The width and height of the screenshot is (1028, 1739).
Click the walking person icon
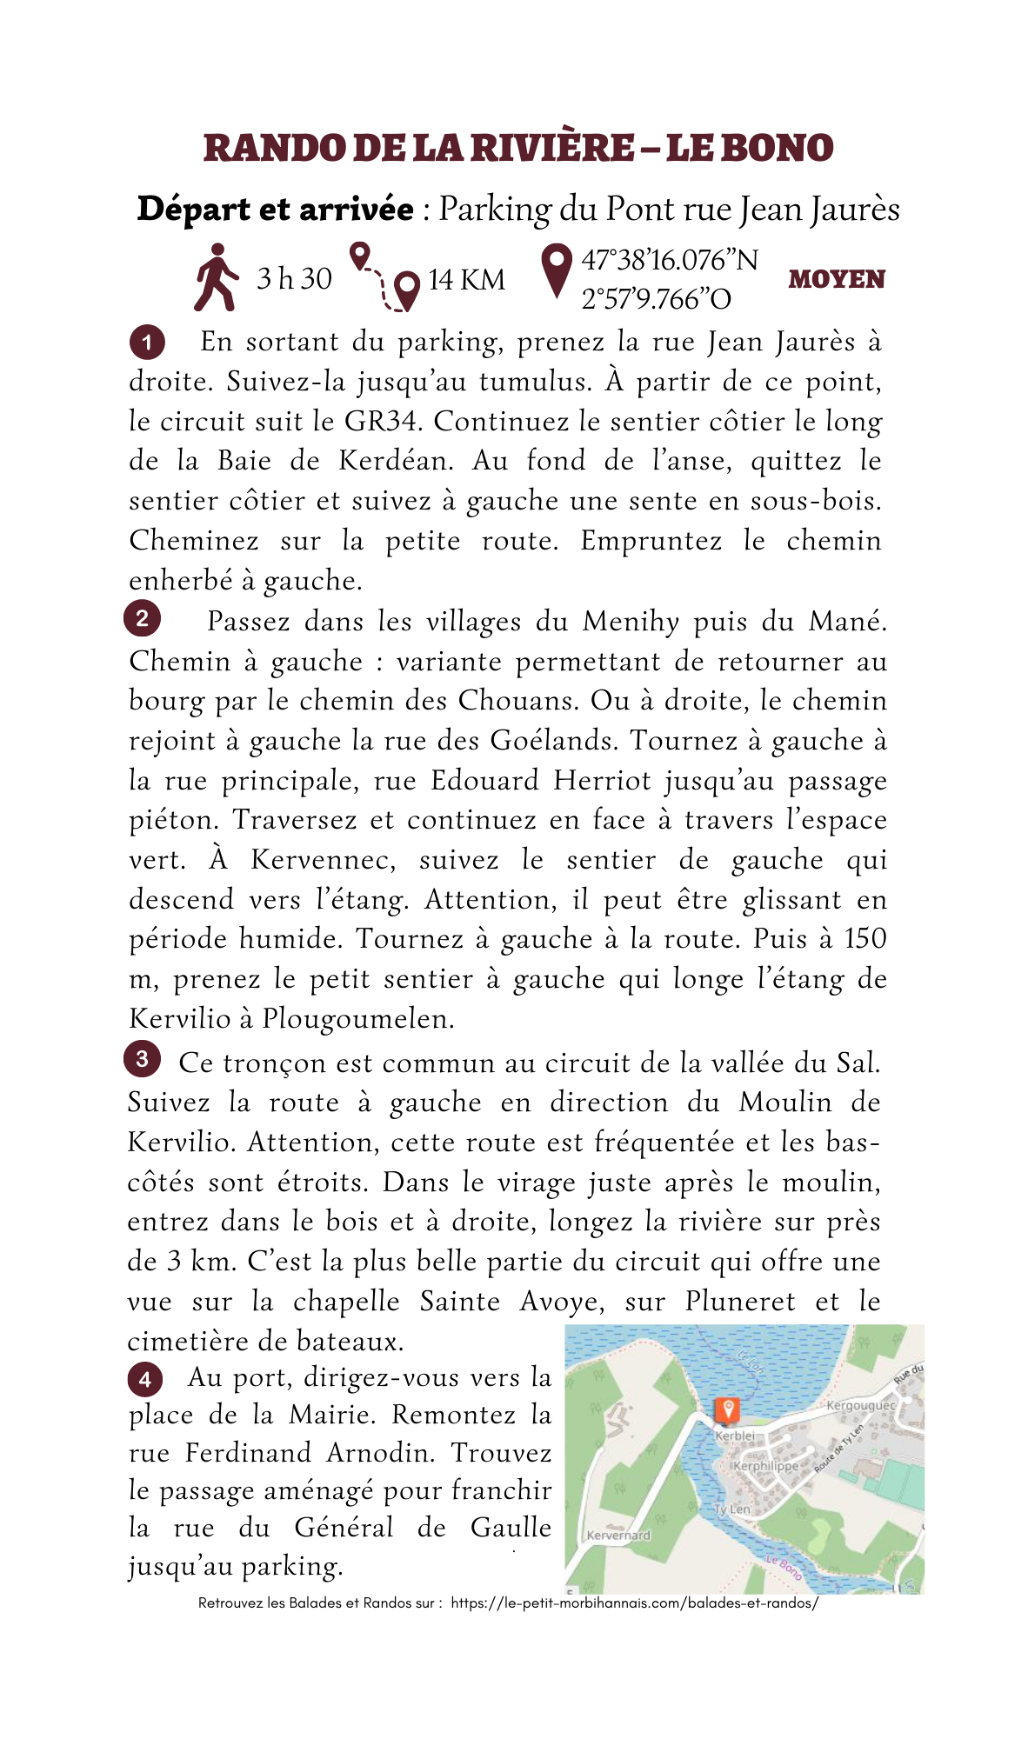tap(216, 277)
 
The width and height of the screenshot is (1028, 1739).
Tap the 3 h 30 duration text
tap(294, 279)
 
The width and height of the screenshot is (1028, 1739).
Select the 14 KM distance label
tap(466, 280)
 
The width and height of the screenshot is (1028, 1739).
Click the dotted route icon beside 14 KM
tap(384, 277)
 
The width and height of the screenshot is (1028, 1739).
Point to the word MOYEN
tap(836, 280)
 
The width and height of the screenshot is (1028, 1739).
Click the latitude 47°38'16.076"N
tap(669, 260)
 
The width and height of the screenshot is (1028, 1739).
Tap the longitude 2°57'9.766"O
tap(656, 299)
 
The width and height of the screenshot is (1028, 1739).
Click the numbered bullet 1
tap(146, 343)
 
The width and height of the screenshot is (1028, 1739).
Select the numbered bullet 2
tap(142, 618)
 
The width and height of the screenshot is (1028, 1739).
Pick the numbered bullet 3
tap(142, 1059)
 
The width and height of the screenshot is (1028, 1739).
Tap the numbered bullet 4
tap(144, 1379)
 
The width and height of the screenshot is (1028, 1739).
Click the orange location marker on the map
tap(726, 1409)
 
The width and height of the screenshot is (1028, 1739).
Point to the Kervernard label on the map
tap(618, 1536)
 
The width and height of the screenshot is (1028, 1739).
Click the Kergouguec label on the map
tap(860, 1405)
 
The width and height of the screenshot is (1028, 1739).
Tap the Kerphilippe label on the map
tap(765, 1466)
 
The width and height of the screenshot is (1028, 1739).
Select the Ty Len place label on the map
tap(732, 1509)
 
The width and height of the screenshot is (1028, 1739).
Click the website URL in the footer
tap(634, 1602)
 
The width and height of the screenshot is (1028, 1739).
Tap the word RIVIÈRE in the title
tap(552, 148)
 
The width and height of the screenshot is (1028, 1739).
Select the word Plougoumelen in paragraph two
tap(357, 1018)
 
